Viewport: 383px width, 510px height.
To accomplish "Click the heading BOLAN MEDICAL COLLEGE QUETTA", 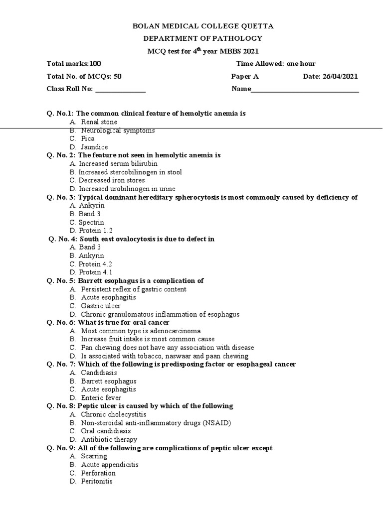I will point(202,26).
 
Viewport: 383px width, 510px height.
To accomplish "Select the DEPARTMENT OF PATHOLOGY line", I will point(202,38).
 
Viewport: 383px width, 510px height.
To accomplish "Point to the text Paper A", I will point(245,76).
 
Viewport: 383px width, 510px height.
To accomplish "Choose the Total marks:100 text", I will point(73,64).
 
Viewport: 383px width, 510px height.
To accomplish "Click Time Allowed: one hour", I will point(275,64).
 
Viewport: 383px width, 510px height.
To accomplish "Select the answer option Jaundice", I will point(94,147).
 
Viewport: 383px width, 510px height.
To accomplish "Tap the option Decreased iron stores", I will point(112,180).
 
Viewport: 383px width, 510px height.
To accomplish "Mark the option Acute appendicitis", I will point(109,465).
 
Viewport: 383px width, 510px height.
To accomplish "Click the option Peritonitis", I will point(97,482).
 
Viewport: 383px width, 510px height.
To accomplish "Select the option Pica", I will point(88,138).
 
